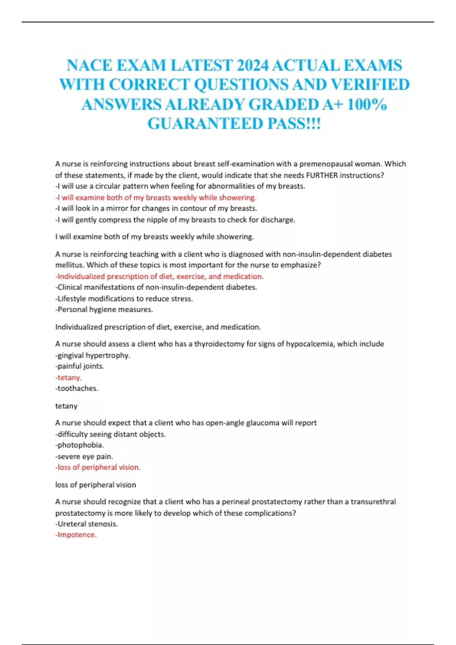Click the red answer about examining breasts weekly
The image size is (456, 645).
(156, 197)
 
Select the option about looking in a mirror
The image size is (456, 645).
(156, 208)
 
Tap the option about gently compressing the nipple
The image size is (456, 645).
(175, 220)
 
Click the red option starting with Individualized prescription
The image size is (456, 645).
(160, 276)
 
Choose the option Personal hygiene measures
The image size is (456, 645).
(104, 309)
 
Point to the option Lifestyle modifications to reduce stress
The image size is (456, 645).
(124, 299)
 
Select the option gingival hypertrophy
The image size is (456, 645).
(93, 355)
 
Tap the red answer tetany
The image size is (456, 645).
(69, 378)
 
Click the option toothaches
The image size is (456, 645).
(77, 388)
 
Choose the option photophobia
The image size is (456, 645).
(79, 445)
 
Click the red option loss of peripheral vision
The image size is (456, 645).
(98, 467)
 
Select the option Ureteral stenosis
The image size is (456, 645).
(87, 524)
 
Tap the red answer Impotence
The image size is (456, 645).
(76, 535)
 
